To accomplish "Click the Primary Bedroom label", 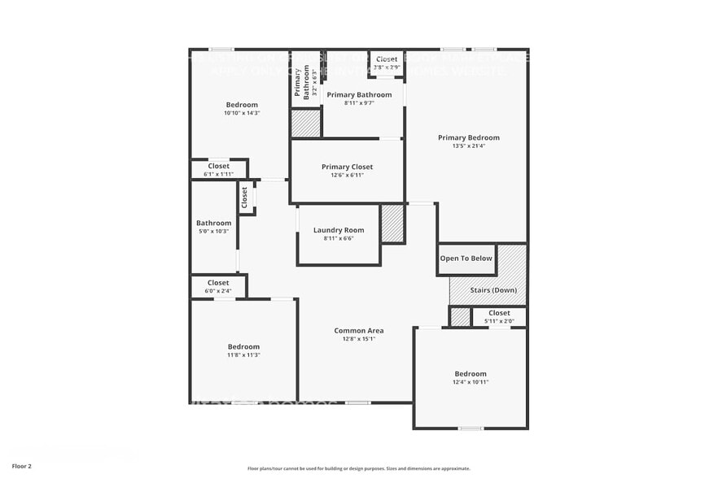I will coord(468,137).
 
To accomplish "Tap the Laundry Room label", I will coord(339,230).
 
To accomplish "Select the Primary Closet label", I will coord(347,167).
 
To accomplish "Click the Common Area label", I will coord(358,331).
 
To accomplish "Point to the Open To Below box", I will coord(466,259).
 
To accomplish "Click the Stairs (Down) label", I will coord(493,290).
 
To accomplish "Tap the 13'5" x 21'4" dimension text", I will coord(468,146).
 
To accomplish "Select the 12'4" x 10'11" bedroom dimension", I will coord(471,382).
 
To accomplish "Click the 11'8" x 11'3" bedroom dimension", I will coord(243,355).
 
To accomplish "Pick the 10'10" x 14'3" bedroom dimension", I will coord(242,113).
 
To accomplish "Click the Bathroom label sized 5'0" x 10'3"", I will coord(213,223).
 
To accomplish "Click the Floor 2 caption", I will coord(22,467).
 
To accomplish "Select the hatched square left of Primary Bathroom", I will coord(306,123).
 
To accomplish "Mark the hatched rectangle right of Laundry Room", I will coord(392,224).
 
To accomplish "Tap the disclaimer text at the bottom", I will coord(358,468).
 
